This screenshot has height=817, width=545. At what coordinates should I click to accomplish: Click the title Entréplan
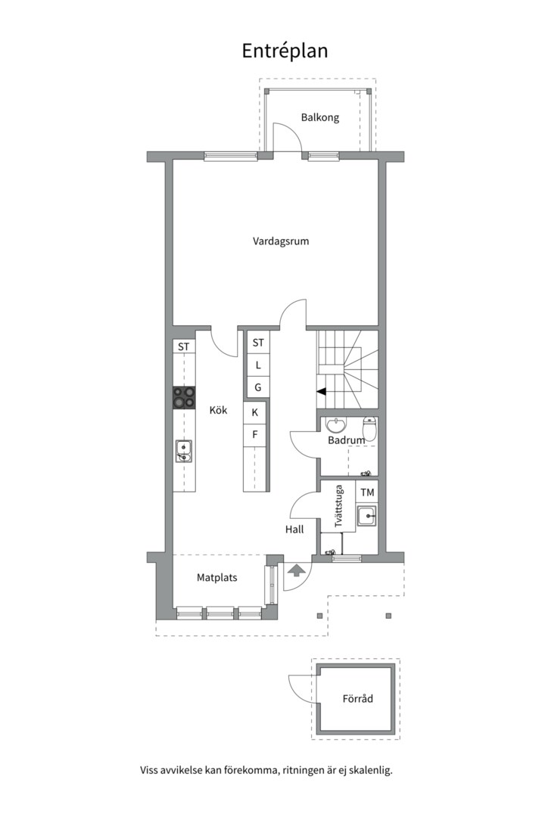[285, 51]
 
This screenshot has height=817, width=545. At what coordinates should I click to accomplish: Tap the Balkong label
[319, 117]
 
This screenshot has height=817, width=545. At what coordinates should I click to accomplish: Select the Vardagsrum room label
[281, 241]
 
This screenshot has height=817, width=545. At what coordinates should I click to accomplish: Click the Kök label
[219, 410]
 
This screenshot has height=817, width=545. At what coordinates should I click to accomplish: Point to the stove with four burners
[183, 398]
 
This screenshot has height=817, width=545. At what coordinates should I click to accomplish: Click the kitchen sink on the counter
[183, 452]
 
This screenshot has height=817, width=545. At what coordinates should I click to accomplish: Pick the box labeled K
[255, 412]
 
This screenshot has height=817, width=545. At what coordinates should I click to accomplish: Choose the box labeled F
[255, 434]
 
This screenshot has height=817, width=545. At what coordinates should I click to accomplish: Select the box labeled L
[258, 365]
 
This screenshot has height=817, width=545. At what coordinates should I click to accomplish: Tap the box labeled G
[258, 387]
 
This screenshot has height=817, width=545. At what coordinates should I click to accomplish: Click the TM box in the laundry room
[367, 492]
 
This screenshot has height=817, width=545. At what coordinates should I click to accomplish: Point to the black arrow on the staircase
[321, 391]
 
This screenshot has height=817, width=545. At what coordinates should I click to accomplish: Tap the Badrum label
[346, 440]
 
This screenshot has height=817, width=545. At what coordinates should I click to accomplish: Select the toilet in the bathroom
[369, 424]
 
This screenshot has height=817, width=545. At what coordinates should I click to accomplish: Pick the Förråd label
[357, 699]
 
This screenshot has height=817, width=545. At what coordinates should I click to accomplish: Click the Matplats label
[217, 577]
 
